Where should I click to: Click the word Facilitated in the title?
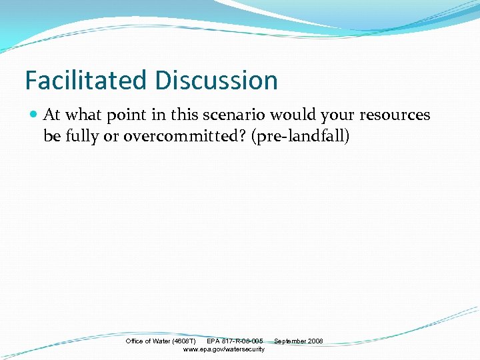point(87,81)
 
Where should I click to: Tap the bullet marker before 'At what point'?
point(34,115)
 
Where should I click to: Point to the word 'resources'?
point(395,115)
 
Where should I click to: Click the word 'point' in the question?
point(127,115)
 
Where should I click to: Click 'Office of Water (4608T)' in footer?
point(161,341)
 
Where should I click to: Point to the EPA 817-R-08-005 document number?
point(235,341)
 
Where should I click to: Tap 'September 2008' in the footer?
point(298,341)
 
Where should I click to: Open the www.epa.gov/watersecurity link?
point(223,349)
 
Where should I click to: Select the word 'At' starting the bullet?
point(51,115)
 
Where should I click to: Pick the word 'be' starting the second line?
point(51,137)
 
